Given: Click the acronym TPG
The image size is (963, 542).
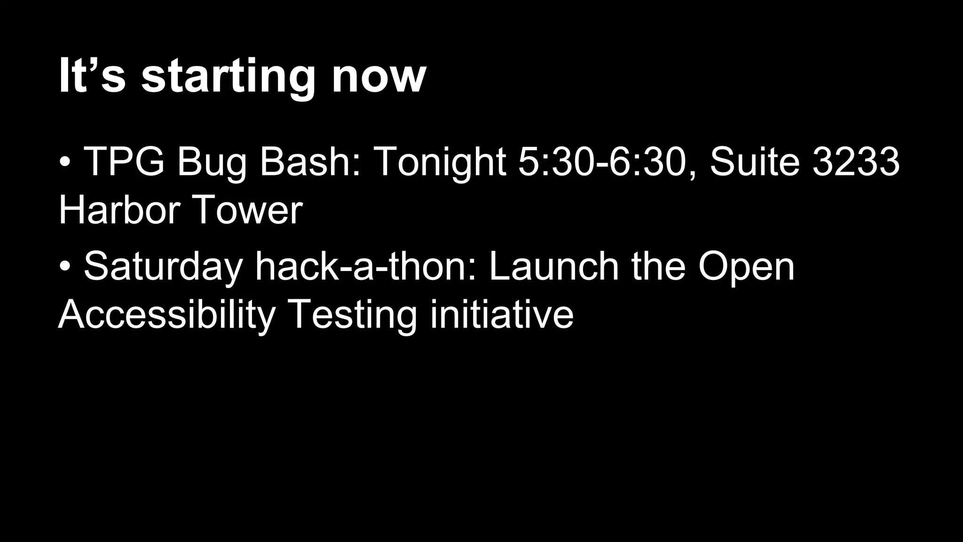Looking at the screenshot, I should (124, 161).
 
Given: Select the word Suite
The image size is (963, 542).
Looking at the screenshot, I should (755, 161).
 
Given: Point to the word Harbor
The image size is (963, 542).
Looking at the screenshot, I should (119, 210).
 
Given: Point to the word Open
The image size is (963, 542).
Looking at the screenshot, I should (746, 266).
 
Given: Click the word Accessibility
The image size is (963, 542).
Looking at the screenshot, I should (166, 314).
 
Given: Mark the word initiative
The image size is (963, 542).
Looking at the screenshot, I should (502, 314).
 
